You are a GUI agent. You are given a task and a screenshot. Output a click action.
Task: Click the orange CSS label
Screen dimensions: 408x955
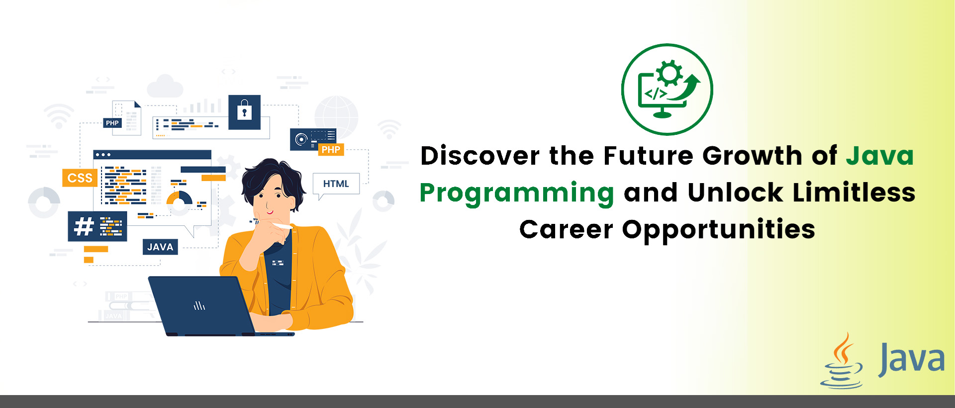tap(80, 178)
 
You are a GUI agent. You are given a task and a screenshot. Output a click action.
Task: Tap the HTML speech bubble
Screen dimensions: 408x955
tap(336, 184)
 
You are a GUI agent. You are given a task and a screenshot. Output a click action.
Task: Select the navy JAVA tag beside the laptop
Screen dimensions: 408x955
tap(160, 247)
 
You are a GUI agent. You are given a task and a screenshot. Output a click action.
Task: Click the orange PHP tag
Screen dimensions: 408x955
tap(331, 149)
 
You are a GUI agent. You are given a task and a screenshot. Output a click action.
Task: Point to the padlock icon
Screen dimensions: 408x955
tap(244, 110)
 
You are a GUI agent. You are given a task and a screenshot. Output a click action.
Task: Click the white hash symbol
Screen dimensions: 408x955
tap(84, 227)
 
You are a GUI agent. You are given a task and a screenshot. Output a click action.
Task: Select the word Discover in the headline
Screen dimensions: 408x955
tap(479, 156)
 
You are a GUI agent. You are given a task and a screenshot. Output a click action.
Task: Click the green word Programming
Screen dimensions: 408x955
tap(517, 193)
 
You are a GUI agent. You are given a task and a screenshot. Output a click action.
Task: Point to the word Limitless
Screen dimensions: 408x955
tap(854, 193)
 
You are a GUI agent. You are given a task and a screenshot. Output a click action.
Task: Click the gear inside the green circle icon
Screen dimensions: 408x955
tap(669, 74)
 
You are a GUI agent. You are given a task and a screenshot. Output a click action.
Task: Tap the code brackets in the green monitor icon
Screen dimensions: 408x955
tap(656, 94)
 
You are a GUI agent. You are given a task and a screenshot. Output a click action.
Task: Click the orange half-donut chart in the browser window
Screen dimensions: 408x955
tap(179, 198)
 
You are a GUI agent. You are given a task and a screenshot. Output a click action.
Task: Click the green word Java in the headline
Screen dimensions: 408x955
tap(880, 156)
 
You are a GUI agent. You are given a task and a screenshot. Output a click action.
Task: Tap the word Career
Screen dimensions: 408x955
tap(566, 229)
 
